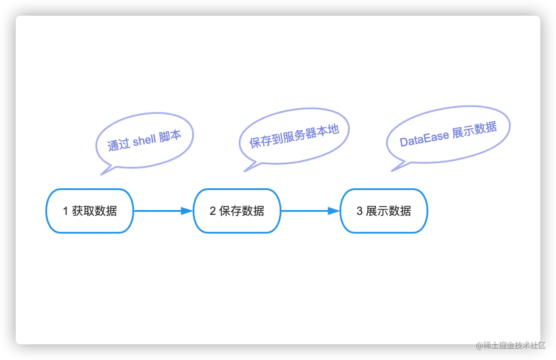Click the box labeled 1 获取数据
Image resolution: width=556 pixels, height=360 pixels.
coord(89,211)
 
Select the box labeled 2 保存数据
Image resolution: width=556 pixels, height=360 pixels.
coord(237,211)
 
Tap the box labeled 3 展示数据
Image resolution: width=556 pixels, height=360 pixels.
coord(383,211)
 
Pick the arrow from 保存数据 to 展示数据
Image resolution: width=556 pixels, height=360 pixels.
coord(309,211)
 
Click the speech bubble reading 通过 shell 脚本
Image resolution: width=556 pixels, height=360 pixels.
coord(144,140)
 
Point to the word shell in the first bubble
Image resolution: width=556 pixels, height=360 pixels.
coord(144,140)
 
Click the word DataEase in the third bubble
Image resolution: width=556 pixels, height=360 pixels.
coord(424,139)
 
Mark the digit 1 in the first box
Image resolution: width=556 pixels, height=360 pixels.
coord(65,211)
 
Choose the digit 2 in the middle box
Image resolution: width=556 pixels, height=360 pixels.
coord(213,211)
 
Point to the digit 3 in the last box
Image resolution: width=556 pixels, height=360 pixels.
coord(359,211)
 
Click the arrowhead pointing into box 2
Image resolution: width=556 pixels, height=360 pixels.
coord(187,211)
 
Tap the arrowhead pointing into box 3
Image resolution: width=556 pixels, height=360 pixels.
coord(334,211)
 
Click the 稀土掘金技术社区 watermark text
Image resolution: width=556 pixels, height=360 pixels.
coord(510,345)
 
